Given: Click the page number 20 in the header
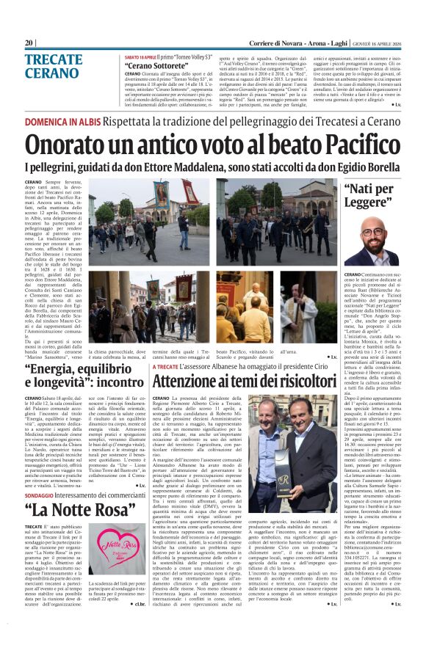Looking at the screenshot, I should tap(29, 43).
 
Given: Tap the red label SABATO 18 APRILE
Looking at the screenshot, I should tap(141, 56).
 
